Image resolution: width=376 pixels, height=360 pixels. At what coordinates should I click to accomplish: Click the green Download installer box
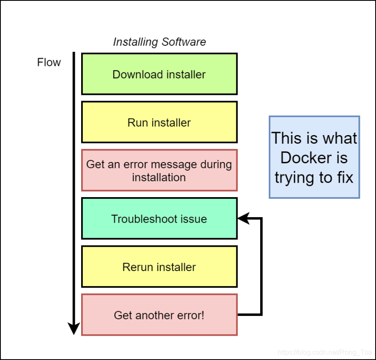[x=159, y=74]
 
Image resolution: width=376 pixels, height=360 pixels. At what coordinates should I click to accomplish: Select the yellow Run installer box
[x=159, y=122]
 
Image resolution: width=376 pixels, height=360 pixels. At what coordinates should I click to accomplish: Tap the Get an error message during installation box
[x=159, y=171]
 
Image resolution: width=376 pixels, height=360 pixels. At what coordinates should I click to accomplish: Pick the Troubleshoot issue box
[x=159, y=218]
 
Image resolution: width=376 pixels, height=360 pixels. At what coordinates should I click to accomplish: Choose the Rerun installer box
[x=159, y=267]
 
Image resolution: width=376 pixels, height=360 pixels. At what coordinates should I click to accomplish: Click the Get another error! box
[x=159, y=315]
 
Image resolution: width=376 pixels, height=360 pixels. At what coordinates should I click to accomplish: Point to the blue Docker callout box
[x=314, y=157]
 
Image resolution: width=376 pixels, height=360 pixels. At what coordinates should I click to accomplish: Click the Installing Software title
[x=159, y=42]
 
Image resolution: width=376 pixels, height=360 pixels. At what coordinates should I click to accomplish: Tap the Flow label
[x=49, y=62]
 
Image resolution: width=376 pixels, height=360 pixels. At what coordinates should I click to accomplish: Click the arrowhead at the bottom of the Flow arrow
[x=74, y=328]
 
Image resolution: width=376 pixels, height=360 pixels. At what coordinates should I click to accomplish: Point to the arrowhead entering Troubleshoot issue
[x=243, y=218]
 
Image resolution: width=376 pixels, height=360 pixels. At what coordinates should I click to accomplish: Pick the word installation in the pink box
[x=159, y=177]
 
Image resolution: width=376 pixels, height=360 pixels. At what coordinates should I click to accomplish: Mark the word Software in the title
[x=183, y=42]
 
